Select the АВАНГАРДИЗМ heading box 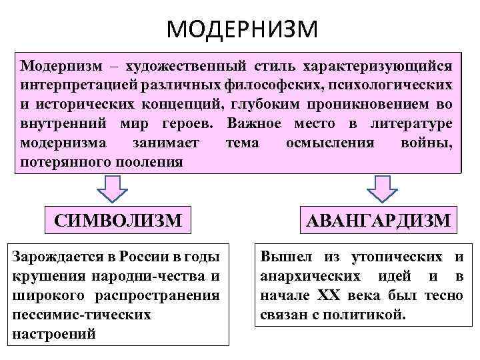(379, 219)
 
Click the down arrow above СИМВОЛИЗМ (113, 189)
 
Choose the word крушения (41, 276)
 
